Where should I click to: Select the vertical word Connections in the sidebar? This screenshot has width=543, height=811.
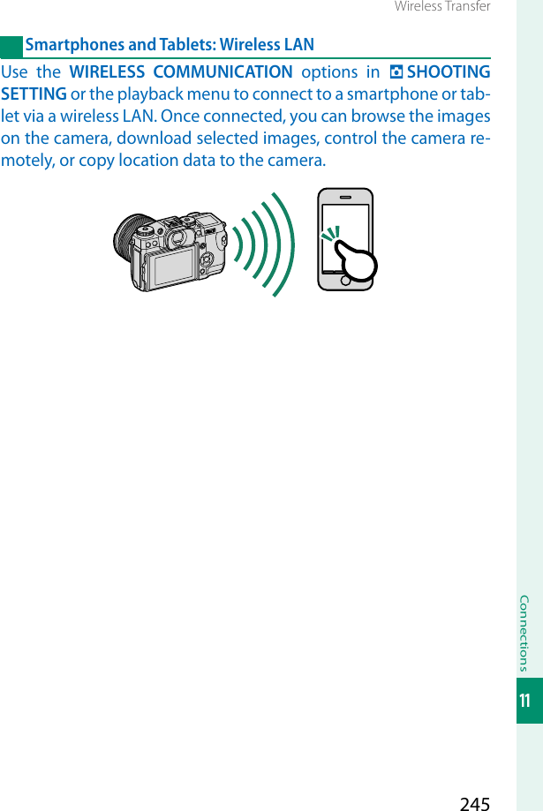point(525,633)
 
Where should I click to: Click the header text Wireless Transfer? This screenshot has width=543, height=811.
point(441,7)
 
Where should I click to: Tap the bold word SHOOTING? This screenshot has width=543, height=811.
point(449,72)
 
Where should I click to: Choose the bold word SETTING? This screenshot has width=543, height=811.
point(34,94)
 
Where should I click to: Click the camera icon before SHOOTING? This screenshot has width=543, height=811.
point(395,72)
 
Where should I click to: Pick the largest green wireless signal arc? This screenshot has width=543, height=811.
point(284,242)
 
